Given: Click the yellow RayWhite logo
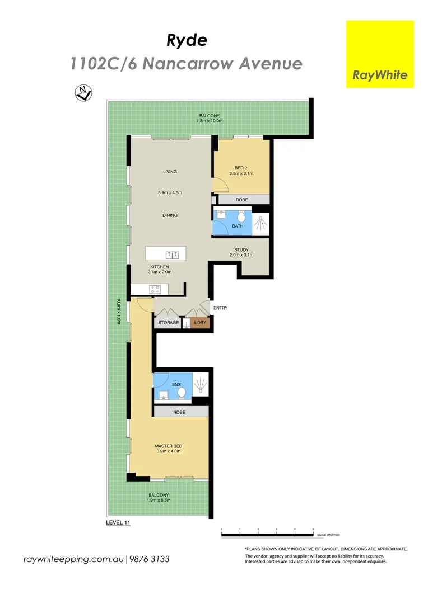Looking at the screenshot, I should (x=380, y=54).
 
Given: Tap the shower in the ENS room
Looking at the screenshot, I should (x=201, y=386).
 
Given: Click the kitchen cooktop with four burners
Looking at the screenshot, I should (x=155, y=289).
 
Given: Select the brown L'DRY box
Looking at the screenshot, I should (x=200, y=323).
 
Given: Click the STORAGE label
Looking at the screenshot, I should (x=168, y=323).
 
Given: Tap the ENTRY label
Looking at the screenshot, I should (x=220, y=308).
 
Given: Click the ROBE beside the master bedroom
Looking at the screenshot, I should (x=179, y=412).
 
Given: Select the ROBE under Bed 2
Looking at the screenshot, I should (x=241, y=200).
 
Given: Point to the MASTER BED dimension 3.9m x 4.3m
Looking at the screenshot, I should (x=168, y=451).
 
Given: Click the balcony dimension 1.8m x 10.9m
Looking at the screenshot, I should (x=210, y=121).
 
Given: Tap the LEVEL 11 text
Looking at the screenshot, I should (x=118, y=522).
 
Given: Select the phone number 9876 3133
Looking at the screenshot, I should (x=150, y=559).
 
